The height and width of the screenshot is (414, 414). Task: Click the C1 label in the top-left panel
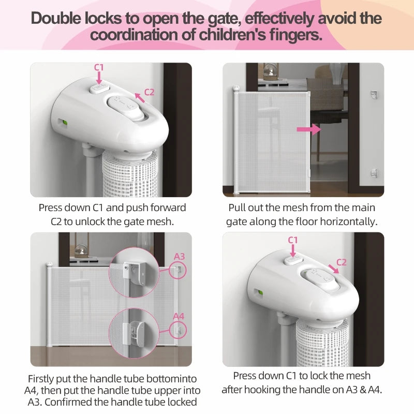pyautogui.click(x=99, y=67)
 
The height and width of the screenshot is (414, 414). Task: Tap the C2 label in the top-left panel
pyautogui.click(x=149, y=92)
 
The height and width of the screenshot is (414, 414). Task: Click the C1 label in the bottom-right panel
pyautogui.click(x=293, y=240)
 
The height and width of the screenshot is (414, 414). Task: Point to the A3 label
pyautogui.click(x=179, y=256)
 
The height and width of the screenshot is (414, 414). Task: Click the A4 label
pyautogui.click(x=179, y=316)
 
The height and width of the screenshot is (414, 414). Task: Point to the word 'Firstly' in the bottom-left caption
pyautogui.click(x=46, y=379)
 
